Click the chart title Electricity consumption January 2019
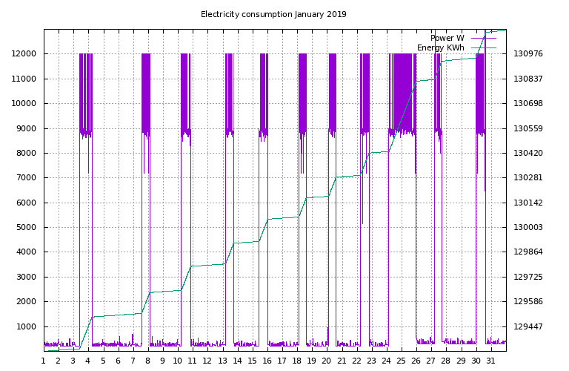273,14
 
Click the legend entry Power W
447,38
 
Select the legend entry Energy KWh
440,47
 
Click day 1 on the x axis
43,361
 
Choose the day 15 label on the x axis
252,361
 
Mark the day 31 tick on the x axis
490,361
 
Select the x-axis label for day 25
401,361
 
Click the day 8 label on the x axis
147,361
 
